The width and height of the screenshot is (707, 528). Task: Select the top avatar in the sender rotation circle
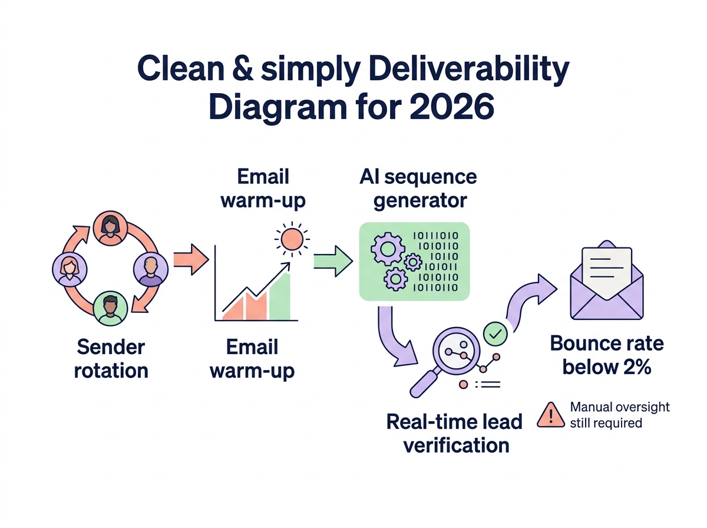[x=110, y=228]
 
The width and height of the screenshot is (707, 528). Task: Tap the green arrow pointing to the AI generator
[x=333, y=260]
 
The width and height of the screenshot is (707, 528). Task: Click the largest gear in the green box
[x=386, y=249]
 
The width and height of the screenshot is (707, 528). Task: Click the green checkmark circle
[x=495, y=334]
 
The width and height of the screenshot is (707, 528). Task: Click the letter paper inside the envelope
[x=606, y=268]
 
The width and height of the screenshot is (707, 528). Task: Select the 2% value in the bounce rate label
[x=635, y=367]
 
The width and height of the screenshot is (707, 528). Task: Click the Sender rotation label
[x=111, y=359]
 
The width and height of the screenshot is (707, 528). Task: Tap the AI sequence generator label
[x=420, y=188]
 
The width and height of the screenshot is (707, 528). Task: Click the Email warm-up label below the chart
[x=252, y=359]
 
